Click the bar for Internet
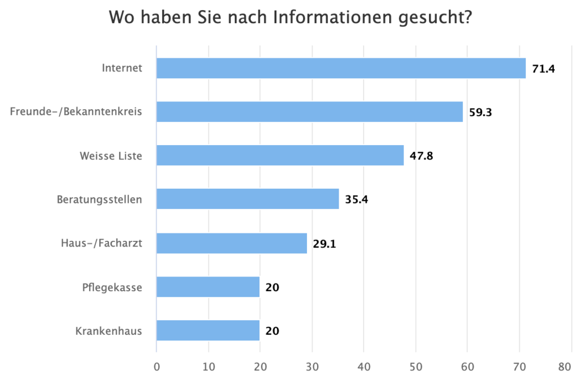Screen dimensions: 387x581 tap(341, 69)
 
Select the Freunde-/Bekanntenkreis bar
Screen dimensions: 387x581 tap(310, 112)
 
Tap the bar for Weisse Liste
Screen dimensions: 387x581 tap(280, 155)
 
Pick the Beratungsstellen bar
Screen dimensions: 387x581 tap(247, 199)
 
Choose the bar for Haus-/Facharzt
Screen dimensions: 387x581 tap(231, 243)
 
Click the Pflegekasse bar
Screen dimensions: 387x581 tap(208, 287)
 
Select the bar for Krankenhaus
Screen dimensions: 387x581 tap(208, 330)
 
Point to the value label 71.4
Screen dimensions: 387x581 tap(543, 69)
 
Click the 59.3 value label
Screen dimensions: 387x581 tap(480, 113)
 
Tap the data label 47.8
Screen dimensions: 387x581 tap(421, 156)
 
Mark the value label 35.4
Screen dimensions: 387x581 tap(356, 199)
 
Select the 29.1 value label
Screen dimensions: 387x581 tap(324, 244)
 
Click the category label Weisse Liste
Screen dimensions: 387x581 tap(111, 156)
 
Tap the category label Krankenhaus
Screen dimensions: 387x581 tap(108, 331)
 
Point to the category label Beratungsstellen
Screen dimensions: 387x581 tap(99, 199)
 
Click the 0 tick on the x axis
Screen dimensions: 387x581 tap(157, 367)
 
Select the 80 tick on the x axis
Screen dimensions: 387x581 tap(564, 367)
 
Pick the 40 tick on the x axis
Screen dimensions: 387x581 tap(364, 367)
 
